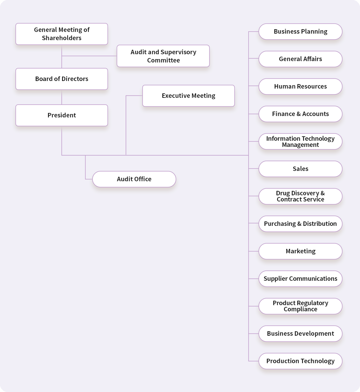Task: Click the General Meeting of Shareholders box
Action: click(x=62, y=34)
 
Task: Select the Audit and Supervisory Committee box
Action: click(x=163, y=56)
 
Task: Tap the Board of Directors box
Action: click(x=62, y=79)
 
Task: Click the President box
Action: click(x=62, y=115)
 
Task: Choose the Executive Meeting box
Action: click(x=189, y=96)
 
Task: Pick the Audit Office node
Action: click(x=134, y=179)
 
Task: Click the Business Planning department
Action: click(x=300, y=32)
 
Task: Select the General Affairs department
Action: click(x=300, y=59)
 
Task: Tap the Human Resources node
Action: click(x=300, y=87)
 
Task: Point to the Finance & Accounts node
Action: click(x=300, y=114)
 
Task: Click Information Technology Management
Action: click(x=300, y=141)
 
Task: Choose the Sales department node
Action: click(x=300, y=169)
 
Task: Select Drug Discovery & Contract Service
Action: click(x=300, y=196)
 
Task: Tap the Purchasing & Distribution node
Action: click(x=300, y=224)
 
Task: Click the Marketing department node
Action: click(x=300, y=251)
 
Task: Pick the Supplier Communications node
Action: click(x=300, y=279)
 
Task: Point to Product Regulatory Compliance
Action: click(x=300, y=306)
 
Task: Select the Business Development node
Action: click(x=300, y=334)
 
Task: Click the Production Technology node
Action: click(x=300, y=361)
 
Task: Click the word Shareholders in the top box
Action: click(x=62, y=38)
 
